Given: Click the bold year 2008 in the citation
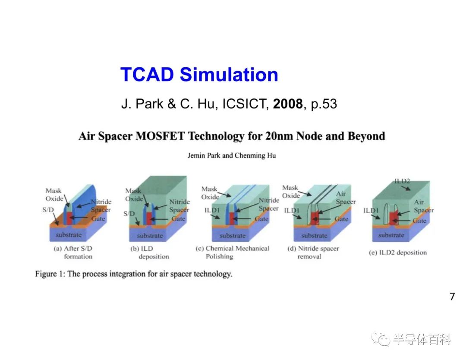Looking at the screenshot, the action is click(288, 104).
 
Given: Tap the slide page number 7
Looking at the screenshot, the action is click(452, 297).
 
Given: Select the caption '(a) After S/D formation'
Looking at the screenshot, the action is click(73, 253).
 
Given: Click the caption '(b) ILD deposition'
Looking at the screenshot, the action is click(149, 253).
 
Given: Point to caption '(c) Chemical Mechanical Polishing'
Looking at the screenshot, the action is click(233, 253).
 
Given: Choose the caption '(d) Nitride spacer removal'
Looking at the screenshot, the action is click(313, 253).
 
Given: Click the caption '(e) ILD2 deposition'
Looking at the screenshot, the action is click(398, 253).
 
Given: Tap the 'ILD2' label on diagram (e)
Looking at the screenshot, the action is click(402, 181).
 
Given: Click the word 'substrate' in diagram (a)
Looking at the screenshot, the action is click(68, 235).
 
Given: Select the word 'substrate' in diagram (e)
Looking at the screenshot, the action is click(391, 235).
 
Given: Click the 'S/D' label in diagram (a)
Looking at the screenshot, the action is click(48, 210).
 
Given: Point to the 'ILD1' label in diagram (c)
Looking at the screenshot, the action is click(212, 210).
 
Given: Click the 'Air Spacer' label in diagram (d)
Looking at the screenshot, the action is click(346, 198).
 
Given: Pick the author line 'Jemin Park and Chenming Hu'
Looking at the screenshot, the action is click(232, 155).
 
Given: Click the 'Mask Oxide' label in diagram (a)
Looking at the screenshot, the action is click(54, 195).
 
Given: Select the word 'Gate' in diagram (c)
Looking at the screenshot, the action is click(261, 219).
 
